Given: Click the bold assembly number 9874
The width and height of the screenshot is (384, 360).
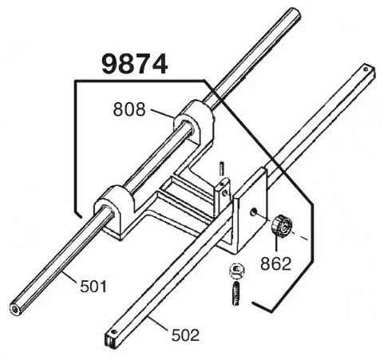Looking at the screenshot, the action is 135,64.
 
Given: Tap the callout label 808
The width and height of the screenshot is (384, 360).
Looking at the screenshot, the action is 129,109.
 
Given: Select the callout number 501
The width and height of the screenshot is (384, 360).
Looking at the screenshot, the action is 93,287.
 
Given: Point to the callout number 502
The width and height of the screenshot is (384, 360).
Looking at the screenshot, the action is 185,334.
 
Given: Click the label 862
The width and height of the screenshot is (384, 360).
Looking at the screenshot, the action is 276,263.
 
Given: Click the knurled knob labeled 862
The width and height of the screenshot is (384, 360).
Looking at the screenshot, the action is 281,227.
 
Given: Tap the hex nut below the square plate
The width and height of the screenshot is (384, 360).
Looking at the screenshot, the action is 236,271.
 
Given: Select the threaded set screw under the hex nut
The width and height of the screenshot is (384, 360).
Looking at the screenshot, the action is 236,295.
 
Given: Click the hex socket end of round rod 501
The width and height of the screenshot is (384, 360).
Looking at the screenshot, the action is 15,309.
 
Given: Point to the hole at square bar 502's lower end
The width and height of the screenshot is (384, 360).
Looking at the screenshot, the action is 114,332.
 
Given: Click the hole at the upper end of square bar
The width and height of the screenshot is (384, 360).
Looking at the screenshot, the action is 366,69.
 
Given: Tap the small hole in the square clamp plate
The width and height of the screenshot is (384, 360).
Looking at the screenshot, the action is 253,212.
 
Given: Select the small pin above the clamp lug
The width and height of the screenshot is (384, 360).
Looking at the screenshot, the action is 221,168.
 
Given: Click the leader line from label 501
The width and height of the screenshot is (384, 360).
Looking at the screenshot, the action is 69,278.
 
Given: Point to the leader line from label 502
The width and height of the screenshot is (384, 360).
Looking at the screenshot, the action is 158,323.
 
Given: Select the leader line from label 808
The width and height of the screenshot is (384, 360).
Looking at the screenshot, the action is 162,113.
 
